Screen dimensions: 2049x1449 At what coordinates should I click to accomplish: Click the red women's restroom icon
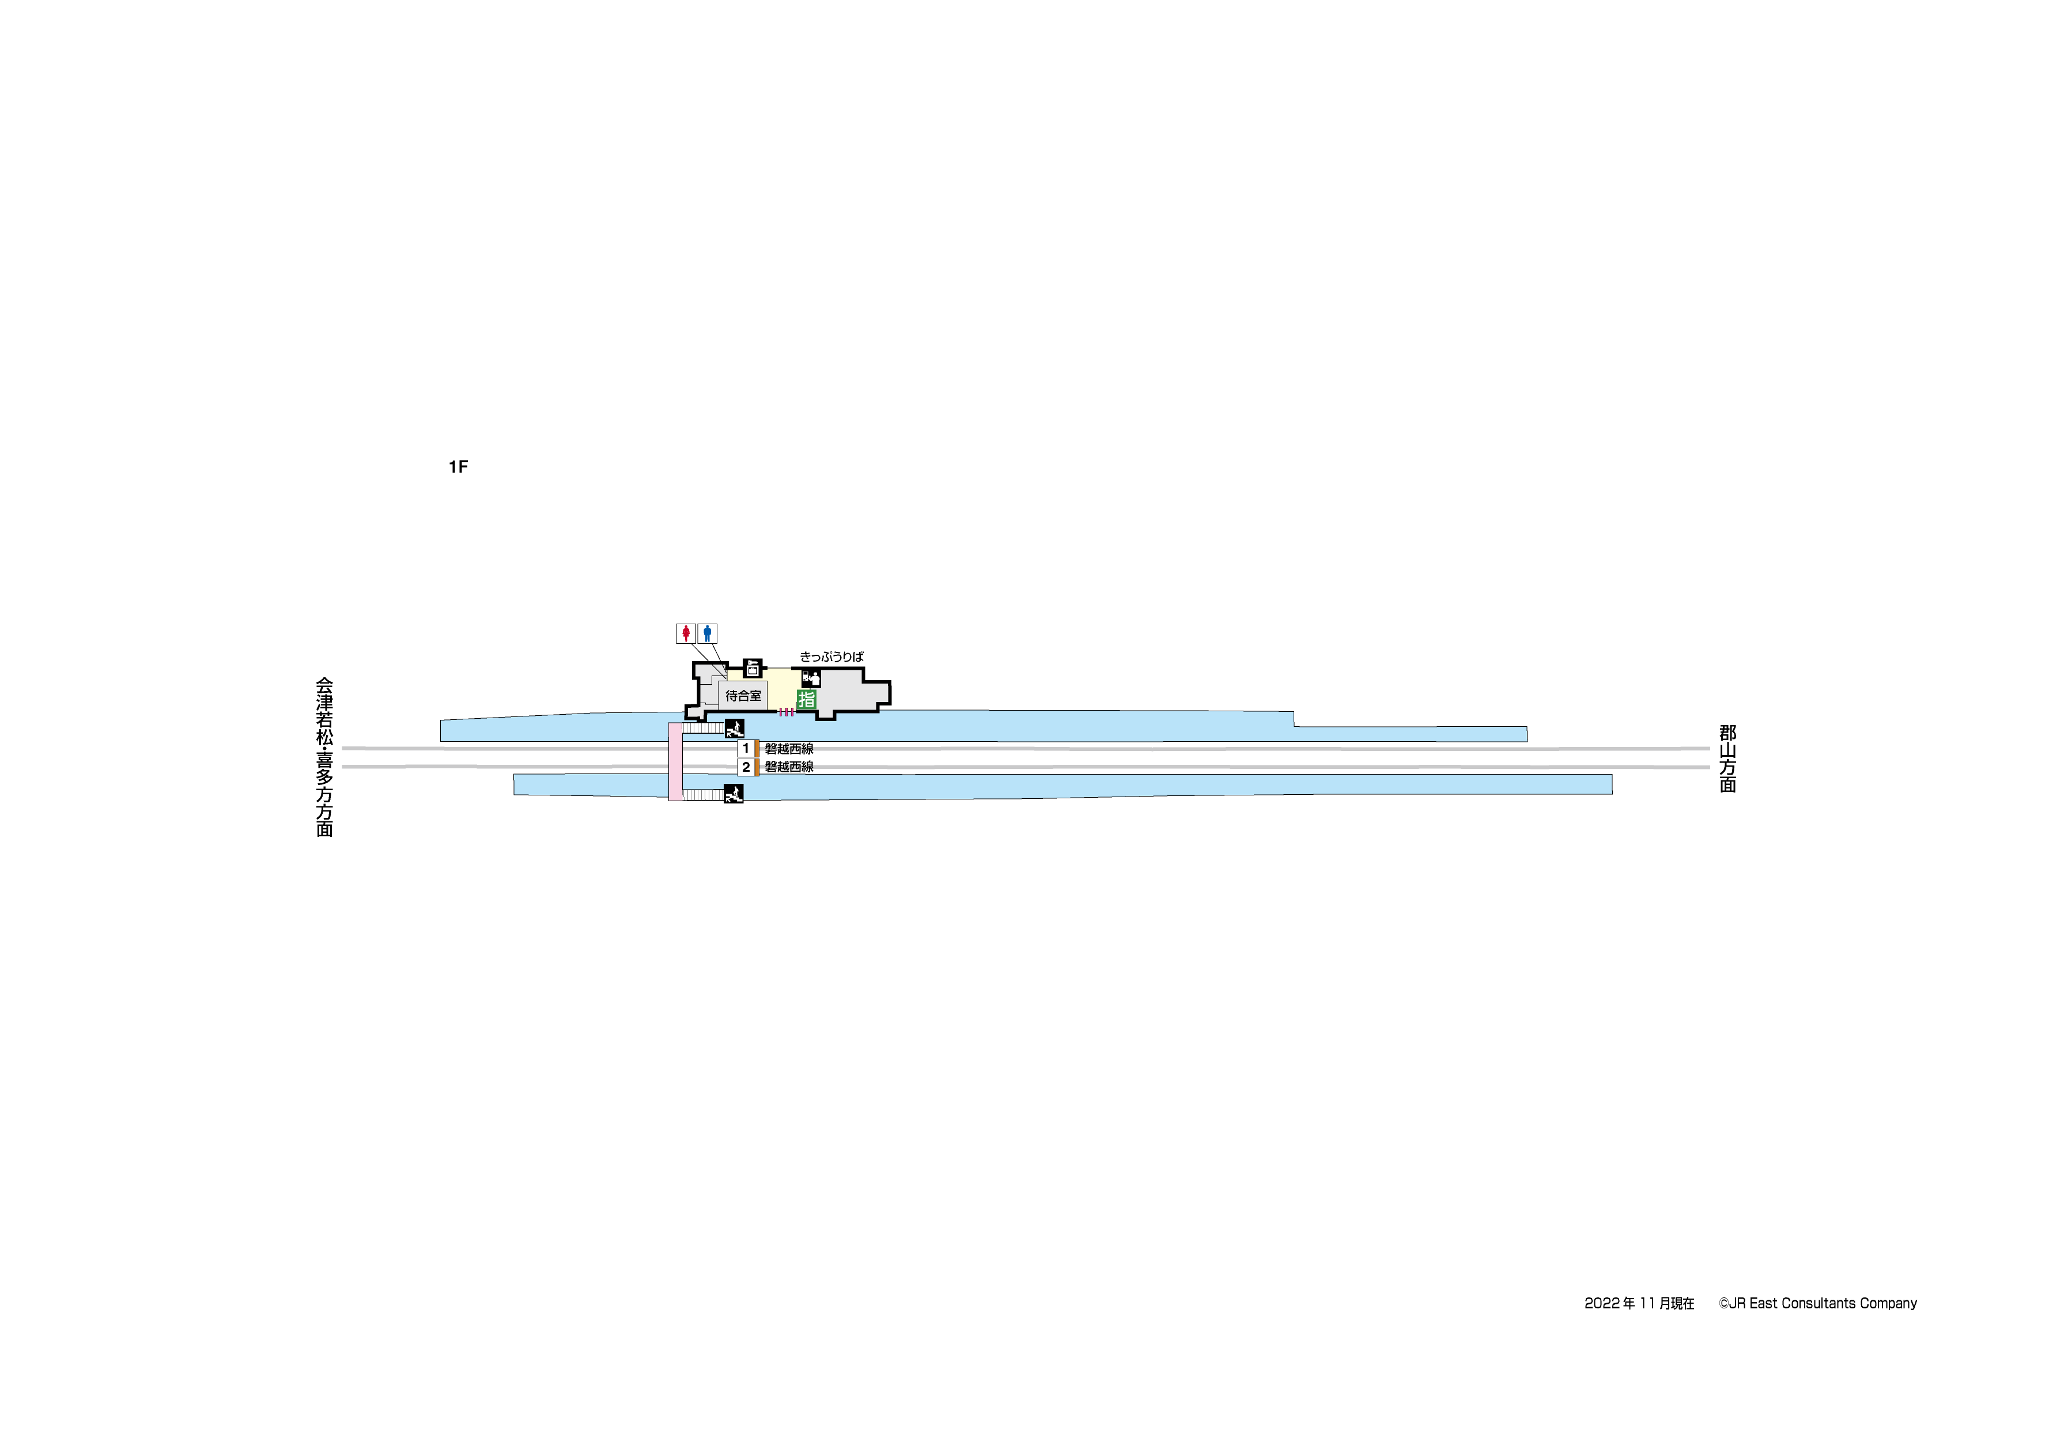(685, 634)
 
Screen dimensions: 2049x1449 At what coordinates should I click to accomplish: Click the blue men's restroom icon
(707, 634)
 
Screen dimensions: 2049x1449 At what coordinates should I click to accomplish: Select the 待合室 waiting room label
(743, 696)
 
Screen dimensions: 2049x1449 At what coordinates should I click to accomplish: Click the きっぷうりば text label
(831, 657)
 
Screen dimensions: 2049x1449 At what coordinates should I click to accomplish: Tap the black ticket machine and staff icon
(810, 678)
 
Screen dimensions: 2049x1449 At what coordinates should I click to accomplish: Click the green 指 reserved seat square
(807, 700)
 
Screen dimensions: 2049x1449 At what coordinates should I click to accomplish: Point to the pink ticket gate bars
(786, 712)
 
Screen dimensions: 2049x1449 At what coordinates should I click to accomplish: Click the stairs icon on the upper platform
(735, 727)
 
